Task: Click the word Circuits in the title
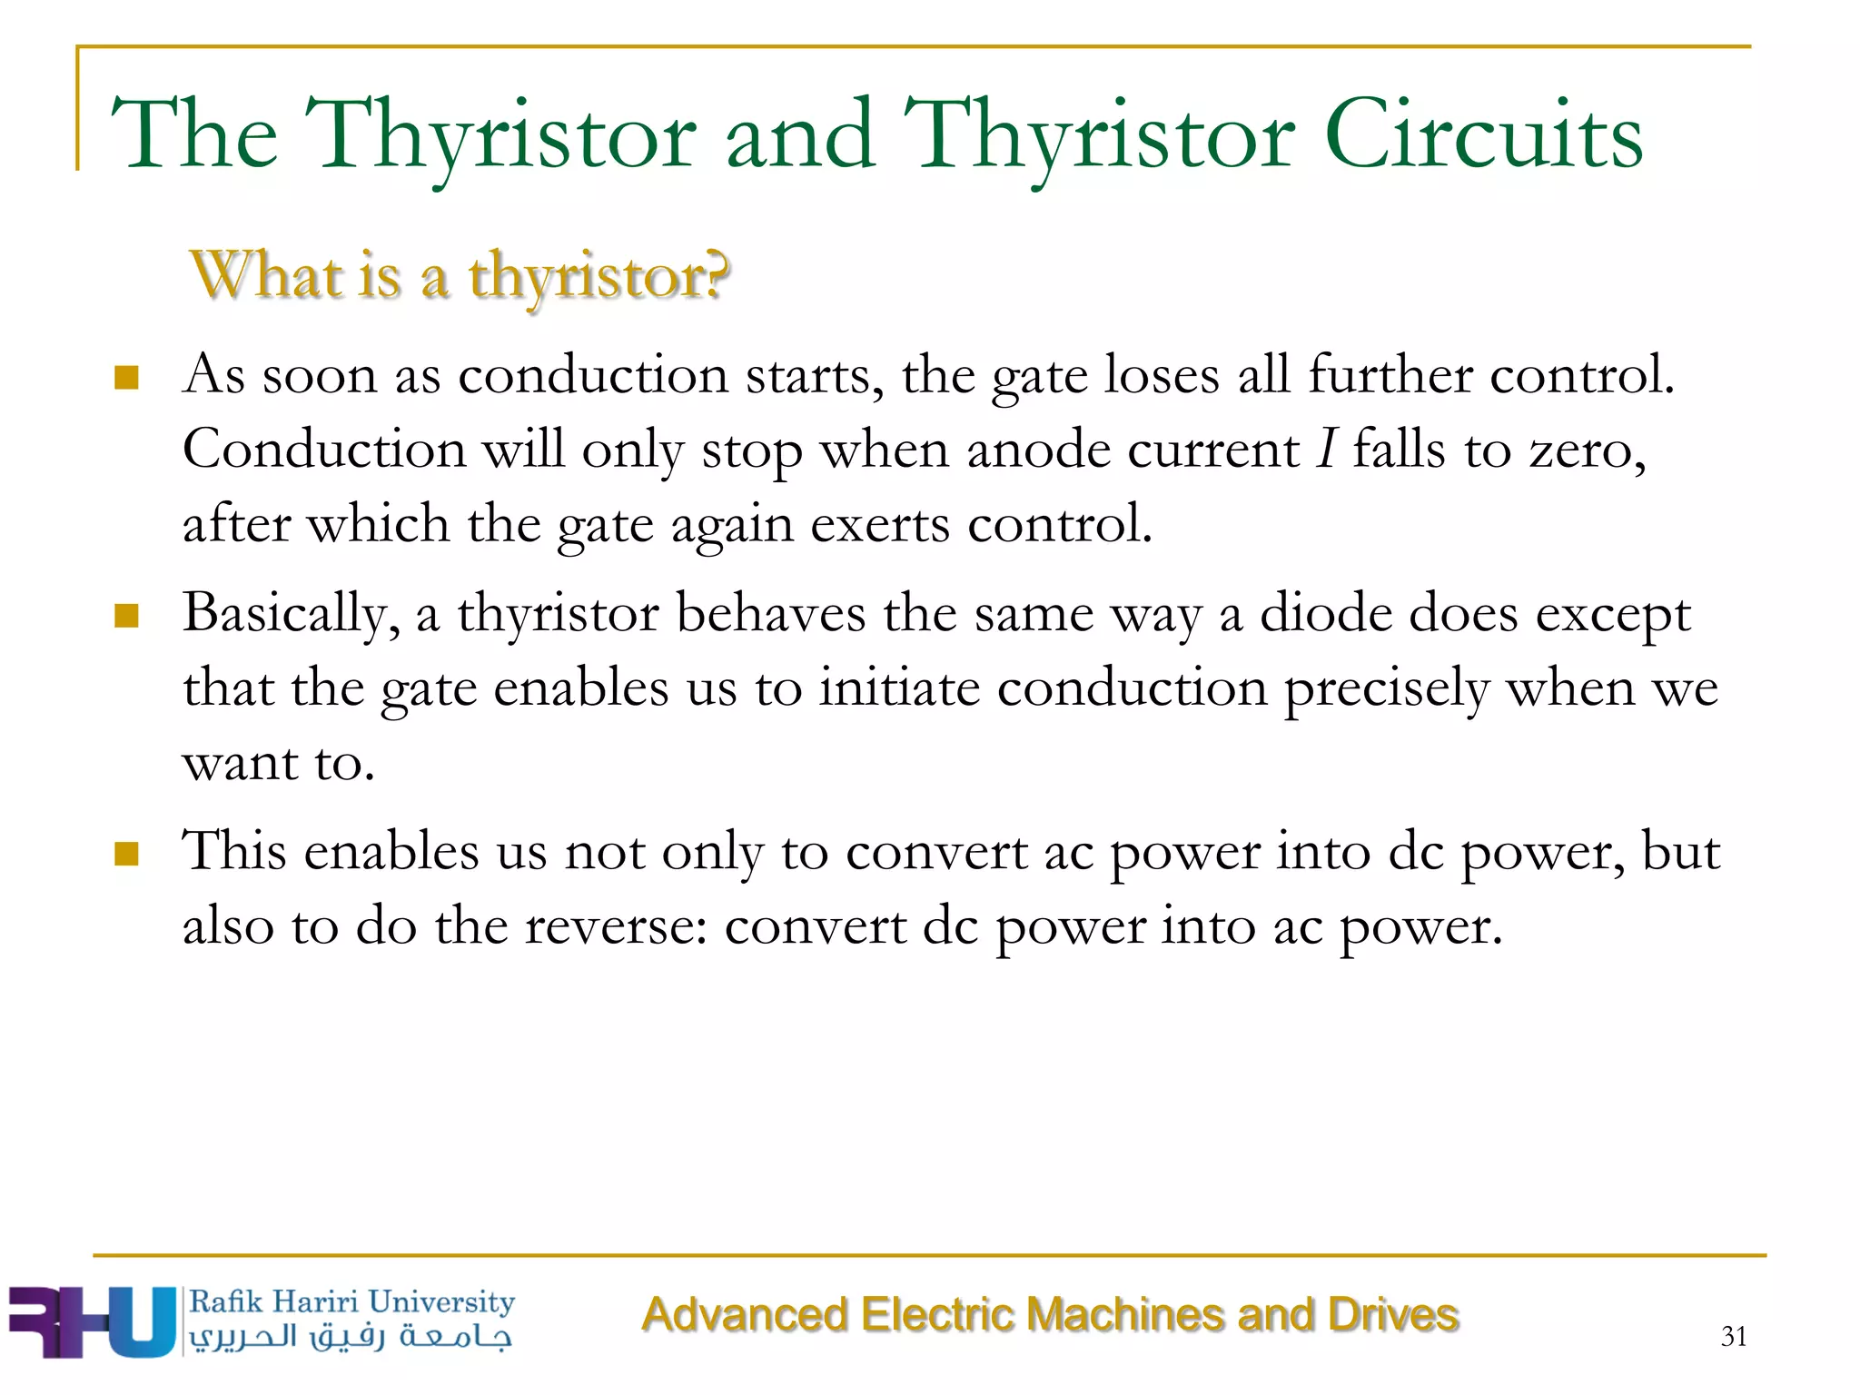(x=1483, y=136)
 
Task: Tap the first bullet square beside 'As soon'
(x=126, y=377)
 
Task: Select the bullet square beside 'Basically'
(x=126, y=616)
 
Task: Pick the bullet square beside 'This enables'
(x=126, y=854)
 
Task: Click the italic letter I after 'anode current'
(x=1327, y=449)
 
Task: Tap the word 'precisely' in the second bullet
(x=1386, y=689)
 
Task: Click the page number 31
(x=1733, y=1336)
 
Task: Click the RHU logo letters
(x=91, y=1321)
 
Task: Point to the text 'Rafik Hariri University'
(x=351, y=1301)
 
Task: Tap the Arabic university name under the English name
(x=351, y=1337)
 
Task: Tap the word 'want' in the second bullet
(x=240, y=763)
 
